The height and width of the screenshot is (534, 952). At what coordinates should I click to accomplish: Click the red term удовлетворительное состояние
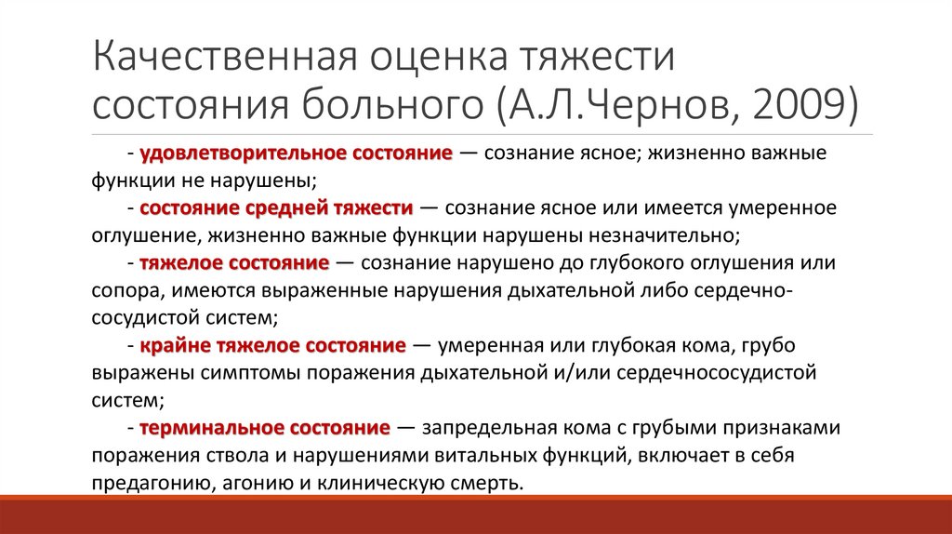coord(297,152)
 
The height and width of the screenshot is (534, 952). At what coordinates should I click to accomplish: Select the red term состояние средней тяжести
coord(276,206)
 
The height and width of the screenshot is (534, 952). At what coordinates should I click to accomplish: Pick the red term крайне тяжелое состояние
coord(272,347)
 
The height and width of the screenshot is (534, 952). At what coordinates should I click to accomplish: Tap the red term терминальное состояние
coord(264,428)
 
